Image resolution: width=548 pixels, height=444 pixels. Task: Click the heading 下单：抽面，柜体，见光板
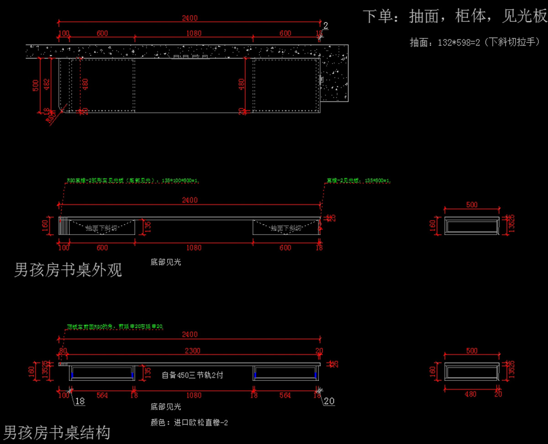(455, 17)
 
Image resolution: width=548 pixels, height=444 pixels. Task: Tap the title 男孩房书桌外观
(68, 270)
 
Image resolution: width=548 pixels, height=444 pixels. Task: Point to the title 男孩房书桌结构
(57, 432)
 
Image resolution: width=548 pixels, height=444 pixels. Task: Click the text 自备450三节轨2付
(192, 375)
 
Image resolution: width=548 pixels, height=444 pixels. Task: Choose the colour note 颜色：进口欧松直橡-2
(189, 423)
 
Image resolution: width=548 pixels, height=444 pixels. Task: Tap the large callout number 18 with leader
(79, 401)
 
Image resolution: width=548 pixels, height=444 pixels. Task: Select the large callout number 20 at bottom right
(329, 401)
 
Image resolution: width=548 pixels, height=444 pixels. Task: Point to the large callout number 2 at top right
(326, 26)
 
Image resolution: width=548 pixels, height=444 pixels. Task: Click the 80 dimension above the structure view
(63, 351)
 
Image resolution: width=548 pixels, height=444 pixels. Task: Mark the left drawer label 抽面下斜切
(101, 228)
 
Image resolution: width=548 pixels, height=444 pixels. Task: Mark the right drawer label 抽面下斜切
(286, 228)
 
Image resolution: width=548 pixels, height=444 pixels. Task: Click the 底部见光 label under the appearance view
(166, 262)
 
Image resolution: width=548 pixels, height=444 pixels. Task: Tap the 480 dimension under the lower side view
(470, 394)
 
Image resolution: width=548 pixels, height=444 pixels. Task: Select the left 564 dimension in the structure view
(102, 395)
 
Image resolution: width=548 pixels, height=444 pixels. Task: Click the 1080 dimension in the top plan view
(194, 33)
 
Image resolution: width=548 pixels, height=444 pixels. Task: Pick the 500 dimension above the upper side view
(472, 205)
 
